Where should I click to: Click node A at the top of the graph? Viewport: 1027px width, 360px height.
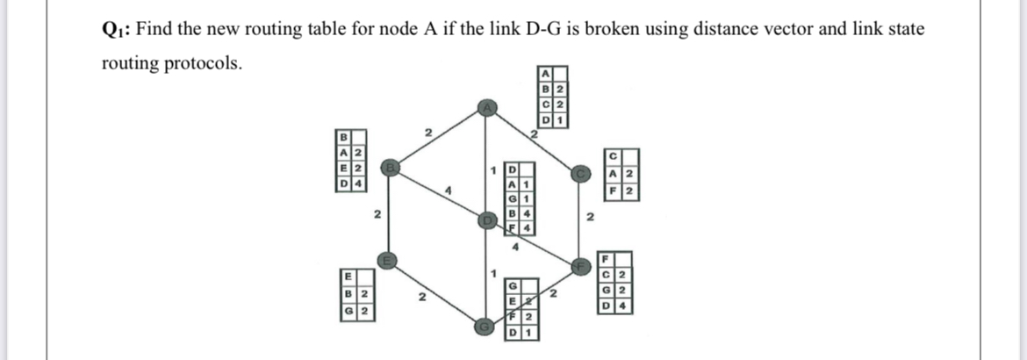486,107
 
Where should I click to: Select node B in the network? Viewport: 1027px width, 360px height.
389,166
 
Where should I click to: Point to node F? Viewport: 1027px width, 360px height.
579,264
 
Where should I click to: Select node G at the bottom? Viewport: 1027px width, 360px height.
484,324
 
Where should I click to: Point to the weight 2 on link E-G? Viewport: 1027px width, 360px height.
422,299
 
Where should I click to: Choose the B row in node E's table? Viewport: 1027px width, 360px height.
354,292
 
